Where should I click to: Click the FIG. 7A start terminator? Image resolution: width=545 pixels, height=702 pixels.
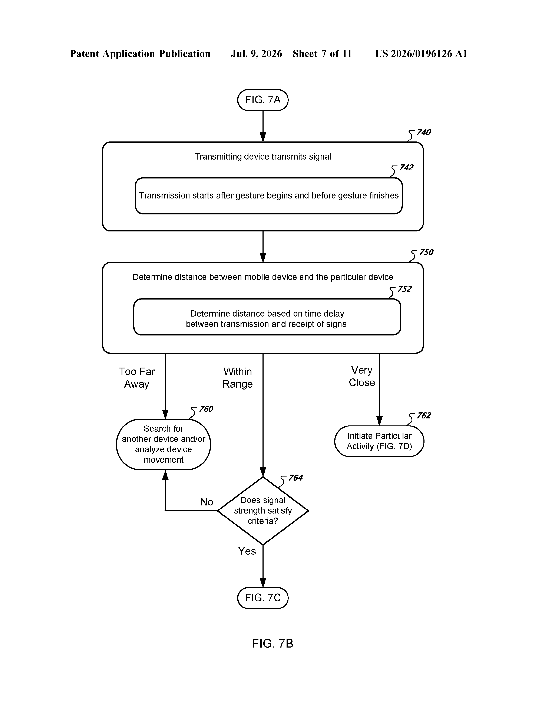point(263,100)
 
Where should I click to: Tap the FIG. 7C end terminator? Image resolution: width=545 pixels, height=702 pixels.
point(263,598)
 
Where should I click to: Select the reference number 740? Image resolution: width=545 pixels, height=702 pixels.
point(423,133)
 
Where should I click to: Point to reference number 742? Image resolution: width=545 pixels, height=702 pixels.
point(406,167)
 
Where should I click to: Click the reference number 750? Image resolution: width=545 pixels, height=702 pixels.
point(426,252)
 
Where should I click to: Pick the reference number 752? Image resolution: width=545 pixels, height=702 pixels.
point(404,289)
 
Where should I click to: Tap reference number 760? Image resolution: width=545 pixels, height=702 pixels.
point(206,409)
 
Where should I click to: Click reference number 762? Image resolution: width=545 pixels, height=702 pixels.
point(424,416)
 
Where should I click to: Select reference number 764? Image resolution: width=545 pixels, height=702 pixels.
point(295,478)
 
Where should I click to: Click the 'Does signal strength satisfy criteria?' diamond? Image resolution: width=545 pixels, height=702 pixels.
point(263,510)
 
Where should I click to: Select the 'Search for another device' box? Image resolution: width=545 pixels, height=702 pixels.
point(163,444)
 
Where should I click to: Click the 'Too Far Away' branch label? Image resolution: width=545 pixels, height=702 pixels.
point(137,378)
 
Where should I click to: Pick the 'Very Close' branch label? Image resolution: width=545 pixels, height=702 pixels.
point(362,376)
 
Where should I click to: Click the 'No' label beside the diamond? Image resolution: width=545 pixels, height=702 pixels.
point(207,502)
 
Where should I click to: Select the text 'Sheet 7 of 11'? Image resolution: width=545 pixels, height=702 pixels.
point(322,54)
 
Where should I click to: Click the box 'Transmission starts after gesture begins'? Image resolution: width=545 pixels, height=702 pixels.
point(269,196)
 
